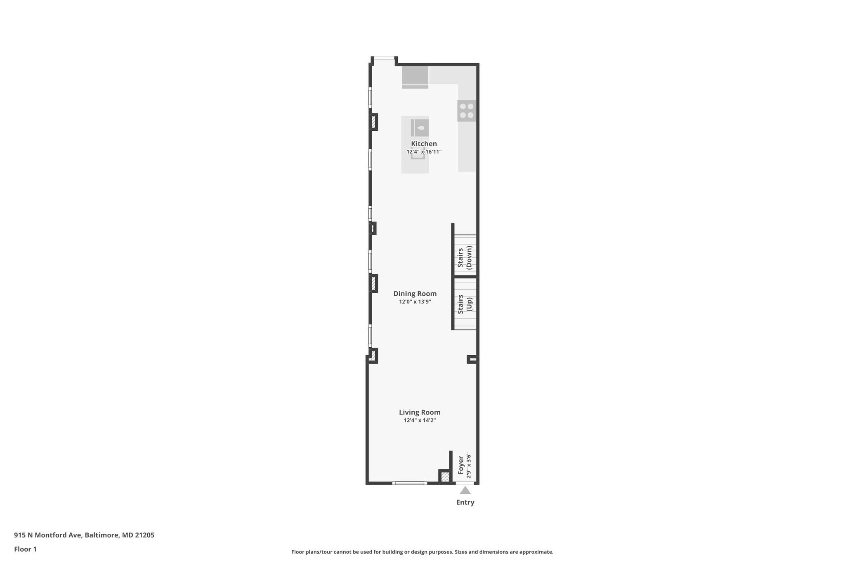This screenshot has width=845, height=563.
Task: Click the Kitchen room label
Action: tap(424, 144)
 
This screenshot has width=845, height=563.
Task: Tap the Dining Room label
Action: tap(415, 294)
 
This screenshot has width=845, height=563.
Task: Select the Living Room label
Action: tap(420, 412)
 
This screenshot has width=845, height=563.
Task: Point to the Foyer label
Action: tap(461, 465)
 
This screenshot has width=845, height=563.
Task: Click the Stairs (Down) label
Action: tap(465, 257)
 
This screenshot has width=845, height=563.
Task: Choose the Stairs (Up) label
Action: tap(465, 304)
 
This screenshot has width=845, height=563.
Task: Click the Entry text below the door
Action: tap(465, 502)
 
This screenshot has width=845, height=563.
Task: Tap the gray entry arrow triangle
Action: tap(465, 490)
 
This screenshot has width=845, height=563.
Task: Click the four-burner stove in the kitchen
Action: tap(466, 111)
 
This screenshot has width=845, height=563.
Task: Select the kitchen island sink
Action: tap(420, 128)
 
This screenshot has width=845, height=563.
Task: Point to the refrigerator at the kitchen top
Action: tap(415, 76)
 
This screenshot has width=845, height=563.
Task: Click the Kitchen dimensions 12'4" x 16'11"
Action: tap(424, 152)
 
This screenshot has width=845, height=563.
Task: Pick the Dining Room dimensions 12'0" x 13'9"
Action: tap(415, 302)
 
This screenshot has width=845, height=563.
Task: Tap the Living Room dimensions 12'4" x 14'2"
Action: tap(420, 420)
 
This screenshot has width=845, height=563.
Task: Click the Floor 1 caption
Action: tap(26, 549)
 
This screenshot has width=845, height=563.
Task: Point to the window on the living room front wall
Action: tap(409, 483)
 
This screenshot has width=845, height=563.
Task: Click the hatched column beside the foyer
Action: tap(445, 477)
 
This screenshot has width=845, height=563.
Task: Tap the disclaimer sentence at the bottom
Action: tap(422, 552)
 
